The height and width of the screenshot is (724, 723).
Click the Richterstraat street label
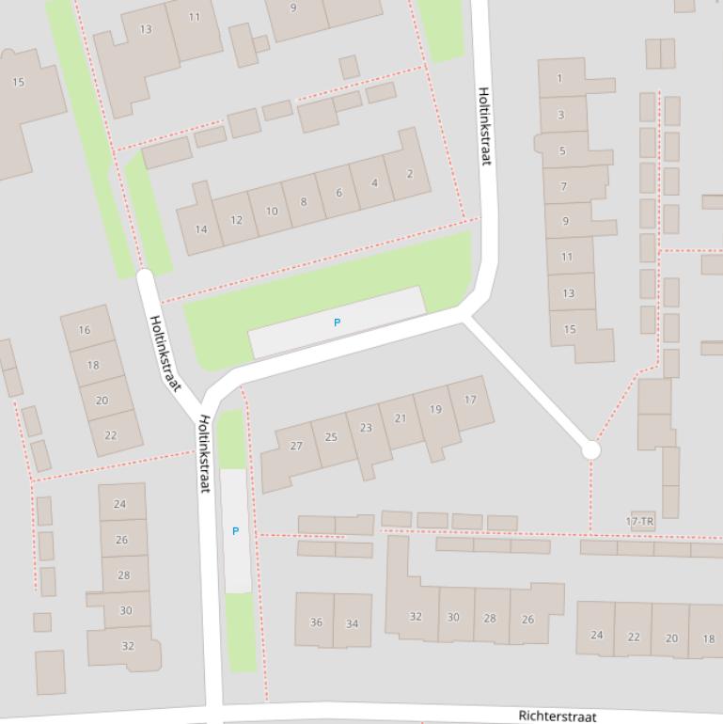point(558,716)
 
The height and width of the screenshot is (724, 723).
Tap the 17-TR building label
point(639,521)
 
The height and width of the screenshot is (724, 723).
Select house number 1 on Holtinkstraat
point(560,79)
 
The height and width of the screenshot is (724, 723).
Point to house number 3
point(561,115)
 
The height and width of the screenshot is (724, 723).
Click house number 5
point(562,150)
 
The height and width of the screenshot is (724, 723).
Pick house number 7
point(564,186)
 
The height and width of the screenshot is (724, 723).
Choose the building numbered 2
point(410,174)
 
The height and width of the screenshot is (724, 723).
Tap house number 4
point(374,183)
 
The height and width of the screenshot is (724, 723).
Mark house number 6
point(338,193)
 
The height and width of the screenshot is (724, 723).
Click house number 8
point(303,201)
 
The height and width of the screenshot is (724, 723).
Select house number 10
point(271,211)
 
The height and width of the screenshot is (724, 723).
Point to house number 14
point(201,229)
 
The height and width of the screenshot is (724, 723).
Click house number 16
point(85,330)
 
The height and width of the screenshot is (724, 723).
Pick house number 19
point(434,409)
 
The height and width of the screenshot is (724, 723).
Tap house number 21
point(401,418)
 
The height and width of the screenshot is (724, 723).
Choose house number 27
point(296,446)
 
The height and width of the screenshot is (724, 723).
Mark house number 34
point(352,623)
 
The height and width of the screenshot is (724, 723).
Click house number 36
point(316,622)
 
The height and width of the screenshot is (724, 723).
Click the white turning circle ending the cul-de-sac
point(590,450)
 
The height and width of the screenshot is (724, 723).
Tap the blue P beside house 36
point(235,531)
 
